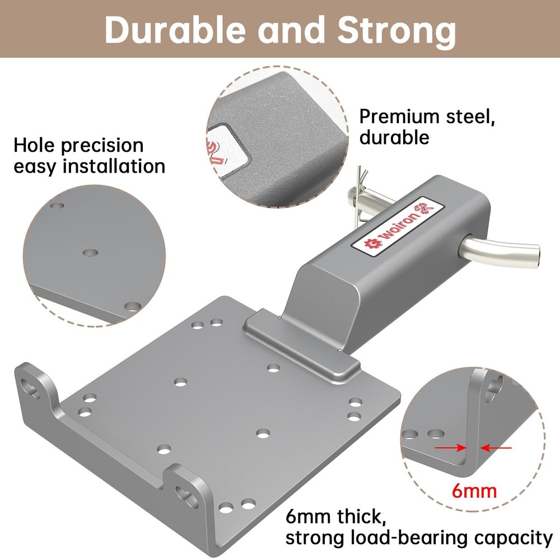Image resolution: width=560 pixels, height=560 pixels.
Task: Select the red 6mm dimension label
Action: (x=474, y=491)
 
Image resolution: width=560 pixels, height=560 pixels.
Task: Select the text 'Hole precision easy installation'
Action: (x=90, y=156)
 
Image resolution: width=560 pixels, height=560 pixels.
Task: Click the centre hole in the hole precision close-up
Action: (x=89, y=253)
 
